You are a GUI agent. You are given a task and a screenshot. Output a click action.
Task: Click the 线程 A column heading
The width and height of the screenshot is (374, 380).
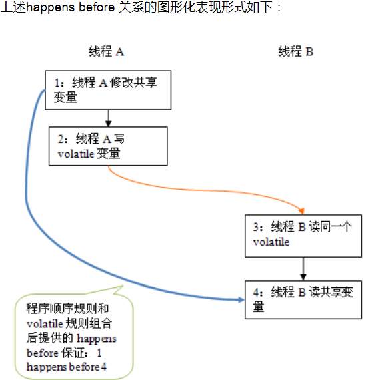(107, 51)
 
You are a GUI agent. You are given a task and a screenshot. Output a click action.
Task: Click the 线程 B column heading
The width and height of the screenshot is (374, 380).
(295, 51)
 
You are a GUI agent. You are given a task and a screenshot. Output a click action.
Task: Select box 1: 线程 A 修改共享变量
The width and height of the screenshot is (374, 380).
(108, 90)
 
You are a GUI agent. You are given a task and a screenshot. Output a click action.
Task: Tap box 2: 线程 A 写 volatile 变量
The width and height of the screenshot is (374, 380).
(108, 146)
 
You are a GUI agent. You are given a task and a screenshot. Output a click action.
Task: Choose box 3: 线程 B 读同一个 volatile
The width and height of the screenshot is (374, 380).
(303, 236)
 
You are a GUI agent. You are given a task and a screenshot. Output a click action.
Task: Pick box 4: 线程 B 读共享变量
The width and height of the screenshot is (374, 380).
(303, 300)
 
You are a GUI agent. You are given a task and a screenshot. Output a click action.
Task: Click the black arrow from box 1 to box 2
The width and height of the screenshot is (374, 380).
(109, 118)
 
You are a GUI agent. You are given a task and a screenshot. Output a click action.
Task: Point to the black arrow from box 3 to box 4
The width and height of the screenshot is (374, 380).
(303, 269)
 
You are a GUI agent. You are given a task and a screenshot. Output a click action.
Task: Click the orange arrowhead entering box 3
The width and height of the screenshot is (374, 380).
(301, 211)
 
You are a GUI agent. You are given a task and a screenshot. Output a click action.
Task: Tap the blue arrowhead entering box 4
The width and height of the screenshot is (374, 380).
(241, 300)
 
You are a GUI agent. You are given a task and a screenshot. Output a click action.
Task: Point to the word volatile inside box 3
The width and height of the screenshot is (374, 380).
(271, 242)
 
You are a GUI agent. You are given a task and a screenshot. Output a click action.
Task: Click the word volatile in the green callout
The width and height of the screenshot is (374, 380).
(45, 323)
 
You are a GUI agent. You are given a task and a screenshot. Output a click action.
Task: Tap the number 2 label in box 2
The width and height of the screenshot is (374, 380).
(61, 139)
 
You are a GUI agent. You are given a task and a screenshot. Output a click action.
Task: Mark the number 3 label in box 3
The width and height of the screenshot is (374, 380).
(256, 227)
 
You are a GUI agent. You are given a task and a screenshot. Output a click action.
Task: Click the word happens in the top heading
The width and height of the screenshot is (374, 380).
(51, 7)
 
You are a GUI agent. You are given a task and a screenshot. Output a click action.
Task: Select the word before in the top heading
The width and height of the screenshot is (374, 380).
(97, 7)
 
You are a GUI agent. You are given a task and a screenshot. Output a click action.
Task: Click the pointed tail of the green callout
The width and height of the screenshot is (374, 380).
(123, 287)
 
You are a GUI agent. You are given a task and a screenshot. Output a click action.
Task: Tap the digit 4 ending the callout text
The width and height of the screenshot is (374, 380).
(103, 367)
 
